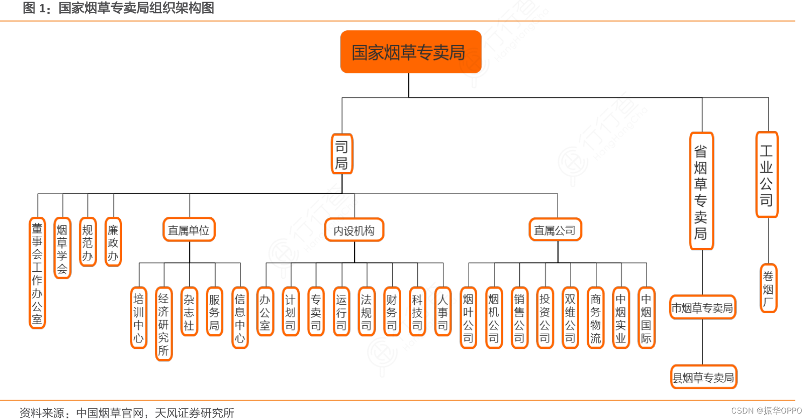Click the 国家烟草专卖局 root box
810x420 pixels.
click(x=410, y=52)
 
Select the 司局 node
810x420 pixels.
click(x=341, y=154)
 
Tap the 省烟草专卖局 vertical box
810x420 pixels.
click(x=701, y=191)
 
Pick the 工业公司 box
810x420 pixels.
click(x=766, y=175)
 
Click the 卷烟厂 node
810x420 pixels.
click(x=768, y=288)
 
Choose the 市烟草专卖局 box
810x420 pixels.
click(x=702, y=307)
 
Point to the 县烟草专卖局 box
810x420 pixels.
click(x=703, y=377)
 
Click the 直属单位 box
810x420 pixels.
click(x=189, y=230)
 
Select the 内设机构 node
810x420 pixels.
click(x=354, y=230)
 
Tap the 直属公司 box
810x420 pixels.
click(x=555, y=230)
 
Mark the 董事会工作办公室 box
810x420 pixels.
click(x=37, y=273)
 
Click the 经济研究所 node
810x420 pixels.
click(x=163, y=323)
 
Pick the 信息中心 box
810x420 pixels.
click(x=239, y=318)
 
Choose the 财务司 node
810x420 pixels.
click(x=392, y=312)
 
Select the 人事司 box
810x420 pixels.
click(x=443, y=312)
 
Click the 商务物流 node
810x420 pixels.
click(x=595, y=318)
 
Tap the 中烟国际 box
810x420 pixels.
click(x=646, y=318)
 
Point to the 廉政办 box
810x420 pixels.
click(x=113, y=242)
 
